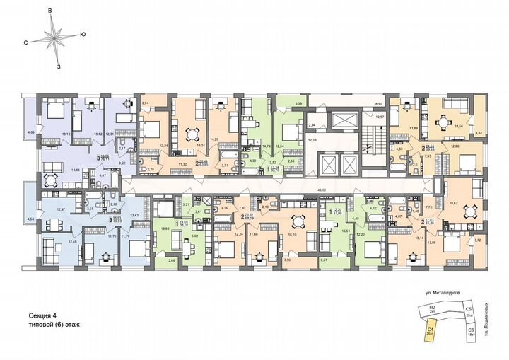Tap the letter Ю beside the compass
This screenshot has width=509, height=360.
click(x=83, y=33)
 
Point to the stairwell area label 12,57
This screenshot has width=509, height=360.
click(x=378, y=117)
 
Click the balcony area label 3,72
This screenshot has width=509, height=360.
click(x=478, y=241)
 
